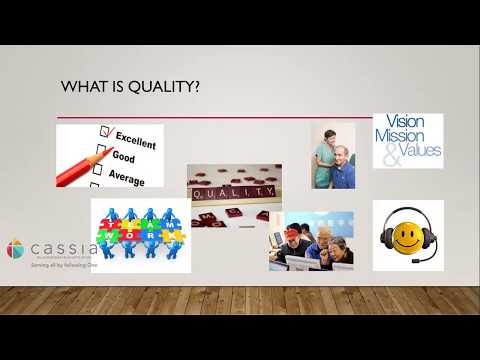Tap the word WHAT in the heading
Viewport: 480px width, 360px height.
82,87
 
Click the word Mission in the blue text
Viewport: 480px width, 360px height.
408,138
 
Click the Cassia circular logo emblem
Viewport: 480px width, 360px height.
17,249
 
